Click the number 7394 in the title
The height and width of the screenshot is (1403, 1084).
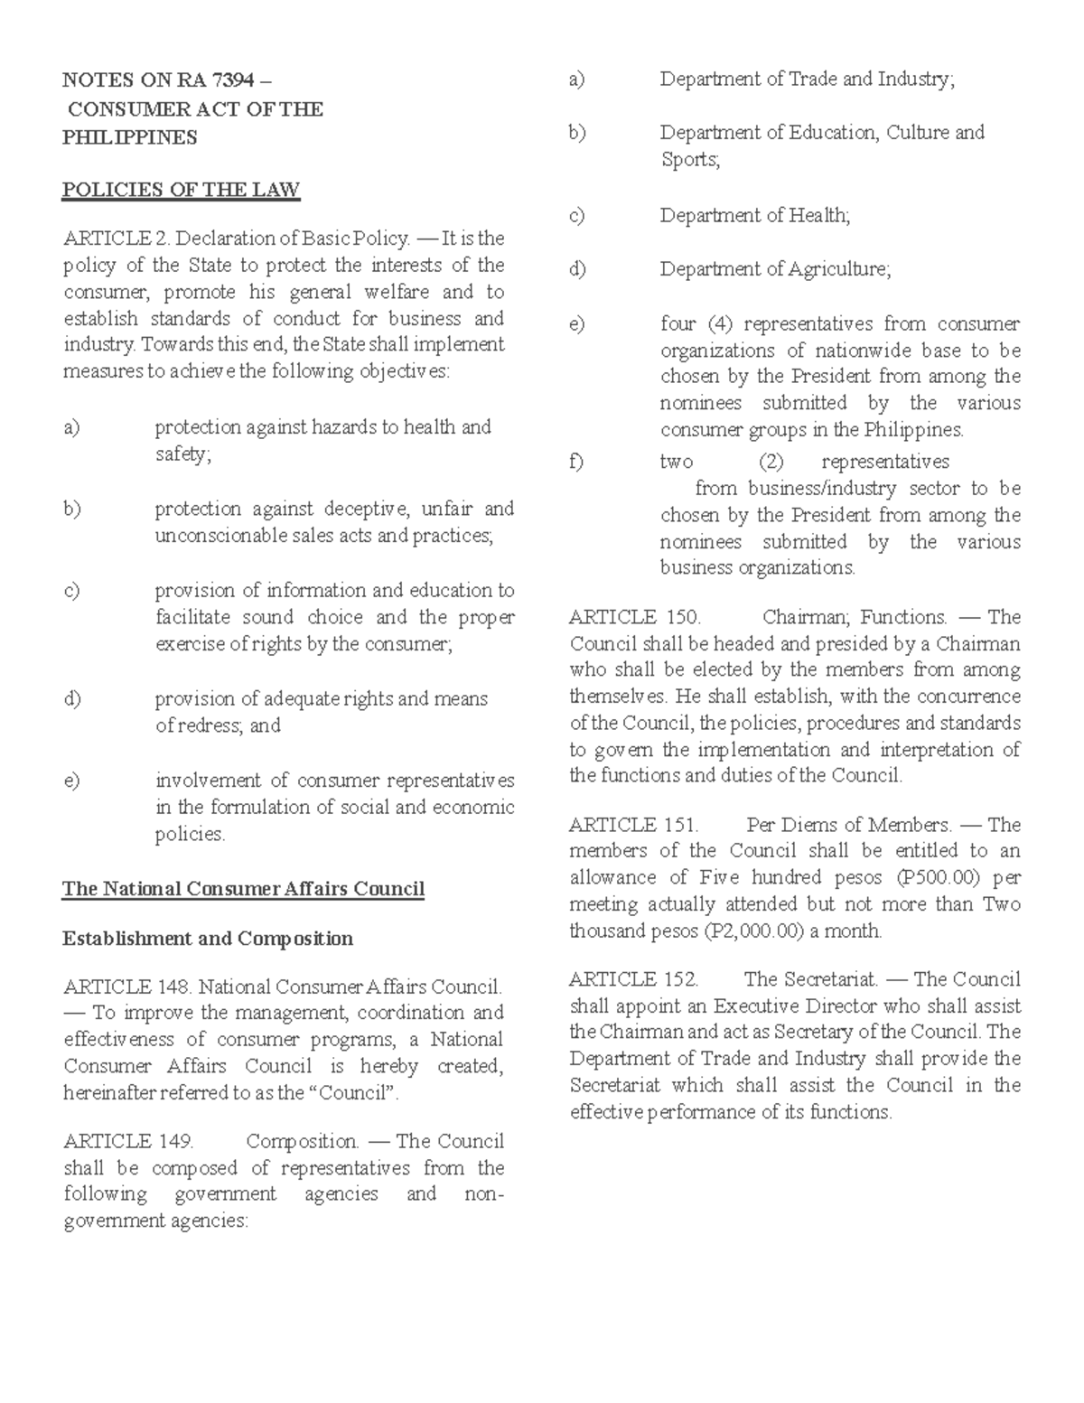(x=221, y=80)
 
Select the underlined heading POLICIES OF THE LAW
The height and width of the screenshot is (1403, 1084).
(x=181, y=191)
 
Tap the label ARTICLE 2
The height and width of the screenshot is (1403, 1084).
(x=117, y=239)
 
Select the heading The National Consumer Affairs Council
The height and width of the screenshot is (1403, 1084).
(x=243, y=889)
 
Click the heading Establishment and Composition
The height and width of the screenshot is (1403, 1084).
(x=208, y=939)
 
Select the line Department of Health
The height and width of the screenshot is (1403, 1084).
(x=755, y=216)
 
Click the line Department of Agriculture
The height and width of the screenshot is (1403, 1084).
(x=775, y=269)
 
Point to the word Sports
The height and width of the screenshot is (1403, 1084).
(x=689, y=160)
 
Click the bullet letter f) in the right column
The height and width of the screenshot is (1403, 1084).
(x=576, y=463)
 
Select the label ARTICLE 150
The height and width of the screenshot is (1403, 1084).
(x=634, y=618)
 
